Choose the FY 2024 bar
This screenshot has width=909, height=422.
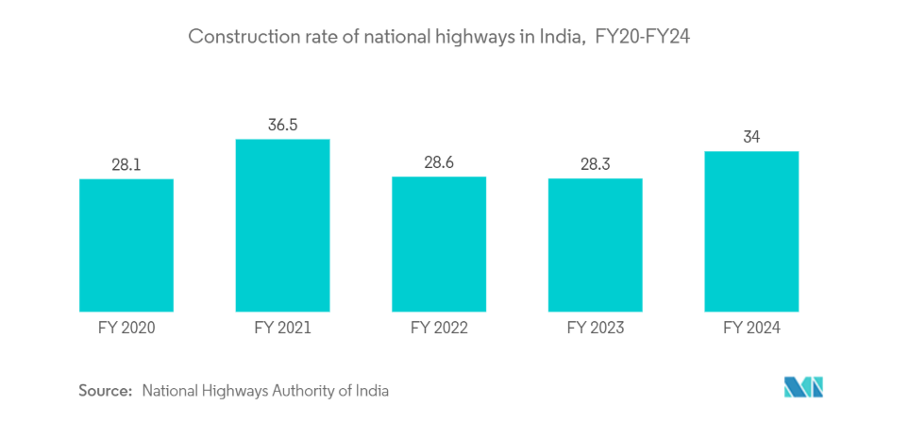pyautogui.click(x=751, y=230)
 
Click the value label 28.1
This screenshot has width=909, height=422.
pyautogui.click(x=126, y=164)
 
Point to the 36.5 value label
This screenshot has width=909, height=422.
pyautogui.click(x=282, y=125)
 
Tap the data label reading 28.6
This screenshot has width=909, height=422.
pyautogui.click(x=439, y=162)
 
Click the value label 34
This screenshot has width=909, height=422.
pyautogui.click(x=751, y=137)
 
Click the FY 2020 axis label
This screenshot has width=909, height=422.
pyautogui.click(x=126, y=329)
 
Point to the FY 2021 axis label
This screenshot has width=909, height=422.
pyautogui.click(x=282, y=329)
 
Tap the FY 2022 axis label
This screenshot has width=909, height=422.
pyautogui.click(x=439, y=329)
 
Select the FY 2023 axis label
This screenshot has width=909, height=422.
pyautogui.click(x=596, y=329)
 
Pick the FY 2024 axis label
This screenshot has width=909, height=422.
pyautogui.click(x=751, y=329)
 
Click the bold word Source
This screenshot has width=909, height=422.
pyautogui.click(x=105, y=389)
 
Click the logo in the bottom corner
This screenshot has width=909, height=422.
pyautogui.click(x=803, y=387)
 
